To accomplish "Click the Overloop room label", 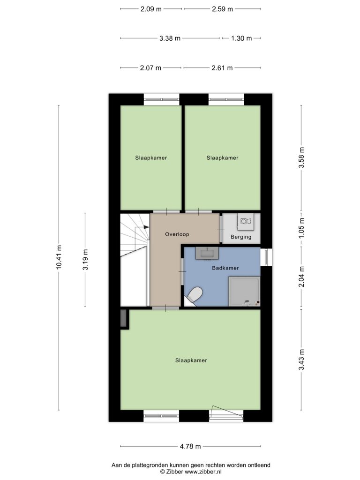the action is (177, 234).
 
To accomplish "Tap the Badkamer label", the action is (225, 268).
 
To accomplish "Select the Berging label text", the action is (241, 237).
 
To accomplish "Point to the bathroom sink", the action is (207, 253).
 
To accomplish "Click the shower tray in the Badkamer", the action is (244, 292).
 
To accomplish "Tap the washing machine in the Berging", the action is (246, 221).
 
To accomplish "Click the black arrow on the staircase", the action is (146, 227).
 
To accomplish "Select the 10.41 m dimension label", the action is (59, 257).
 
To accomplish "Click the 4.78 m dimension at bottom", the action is (190, 446).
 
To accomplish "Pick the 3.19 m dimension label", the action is (85, 260).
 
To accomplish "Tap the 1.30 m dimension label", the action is (241, 38).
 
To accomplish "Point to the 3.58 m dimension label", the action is (301, 157).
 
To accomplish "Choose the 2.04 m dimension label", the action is (301, 277).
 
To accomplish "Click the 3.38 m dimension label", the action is (170, 38).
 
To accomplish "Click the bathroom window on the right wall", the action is (266, 257).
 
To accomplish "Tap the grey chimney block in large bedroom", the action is (124, 319).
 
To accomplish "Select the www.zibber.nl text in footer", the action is (203, 472).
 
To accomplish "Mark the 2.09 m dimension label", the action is (151, 9).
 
